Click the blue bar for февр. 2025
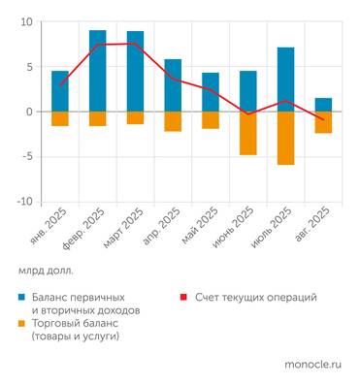tap(98, 71)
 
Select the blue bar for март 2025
tap(135, 71)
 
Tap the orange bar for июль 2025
tap(285, 138)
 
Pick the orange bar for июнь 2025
tap(248, 133)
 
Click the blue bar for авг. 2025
tap(323, 105)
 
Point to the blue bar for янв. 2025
tap(60, 91)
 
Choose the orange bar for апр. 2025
tap(173, 121)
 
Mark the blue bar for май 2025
tap(211, 92)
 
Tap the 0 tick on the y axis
tap(29, 112)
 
